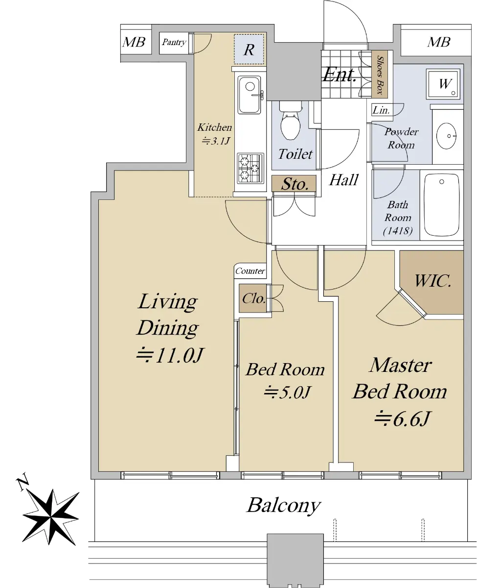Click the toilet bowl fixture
coord(291,121)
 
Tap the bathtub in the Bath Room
coord(441,205)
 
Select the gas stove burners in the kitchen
coord(250,168)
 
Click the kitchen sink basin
coord(250,95)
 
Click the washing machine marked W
coord(443,83)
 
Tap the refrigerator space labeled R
coord(249,49)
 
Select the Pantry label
coord(174,42)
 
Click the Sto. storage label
coord(295,184)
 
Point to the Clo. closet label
coord(253,298)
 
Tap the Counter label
coord(250,271)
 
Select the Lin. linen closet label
coord(381,110)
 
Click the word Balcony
coord(284,506)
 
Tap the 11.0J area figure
coord(170,355)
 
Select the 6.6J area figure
coord(402,419)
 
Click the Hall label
coord(343,180)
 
